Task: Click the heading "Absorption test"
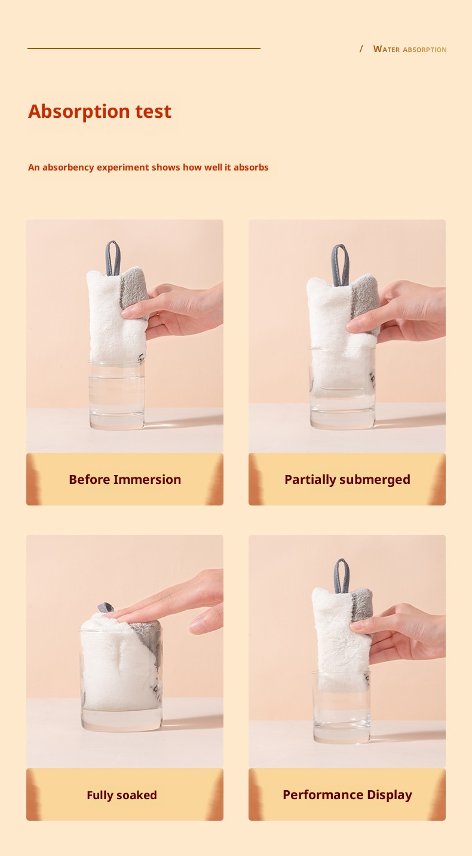click(x=100, y=111)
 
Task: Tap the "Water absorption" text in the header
click(x=409, y=49)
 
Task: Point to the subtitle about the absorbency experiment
click(x=148, y=167)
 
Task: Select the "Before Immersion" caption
click(x=125, y=479)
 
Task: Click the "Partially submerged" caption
click(x=347, y=480)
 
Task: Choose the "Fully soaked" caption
click(x=122, y=795)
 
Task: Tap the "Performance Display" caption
click(x=347, y=795)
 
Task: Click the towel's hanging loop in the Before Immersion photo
click(x=113, y=258)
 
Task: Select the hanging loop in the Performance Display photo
click(x=342, y=576)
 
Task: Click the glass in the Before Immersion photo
click(x=117, y=395)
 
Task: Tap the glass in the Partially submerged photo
click(x=343, y=387)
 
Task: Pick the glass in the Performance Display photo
click(x=342, y=707)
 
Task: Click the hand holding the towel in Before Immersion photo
click(x=176, y=309)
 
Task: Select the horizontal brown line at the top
click(x=144, y=48)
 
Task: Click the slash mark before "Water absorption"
click(x=361, y=49)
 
